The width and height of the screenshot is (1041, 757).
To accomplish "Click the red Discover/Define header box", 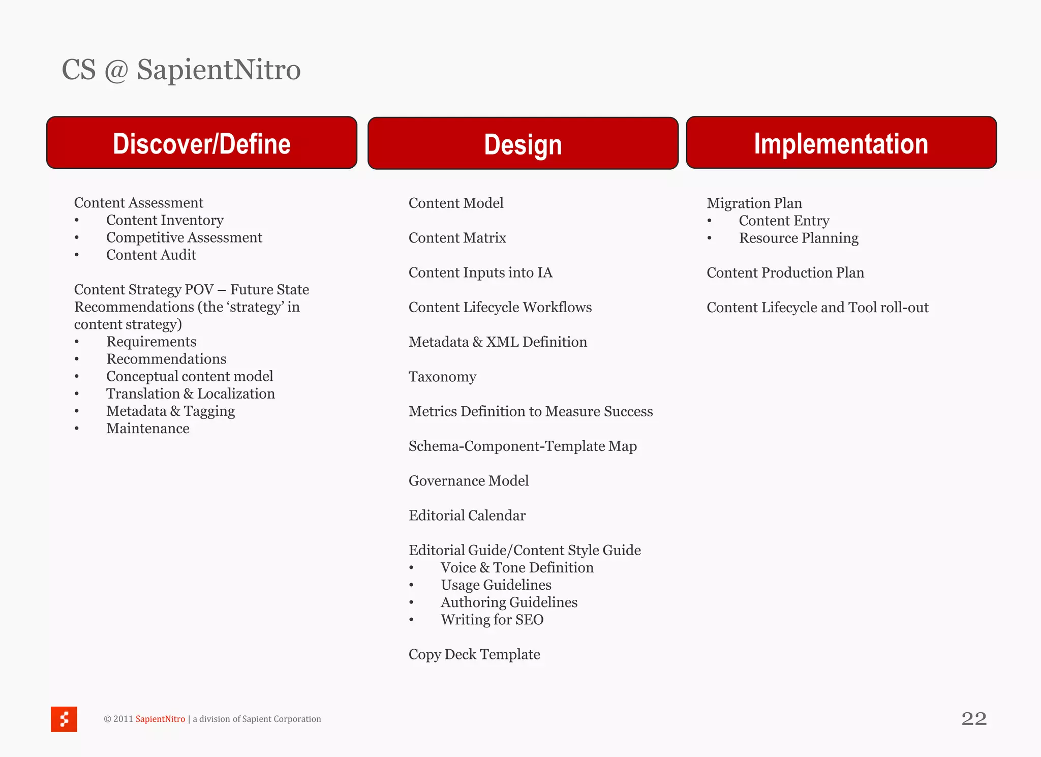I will point(202,143).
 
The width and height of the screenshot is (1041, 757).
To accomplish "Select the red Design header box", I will point(523,144).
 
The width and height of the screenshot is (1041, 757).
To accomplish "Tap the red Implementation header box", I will point(841,143).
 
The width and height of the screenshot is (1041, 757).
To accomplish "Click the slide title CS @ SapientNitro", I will point(181,70).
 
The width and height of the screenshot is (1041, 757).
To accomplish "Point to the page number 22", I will point(974,718).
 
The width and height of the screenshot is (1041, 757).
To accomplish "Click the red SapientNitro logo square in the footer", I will point(64,719).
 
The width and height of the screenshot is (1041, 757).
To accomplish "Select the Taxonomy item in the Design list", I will point(442,377).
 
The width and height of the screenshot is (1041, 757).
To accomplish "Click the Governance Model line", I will point(468,480).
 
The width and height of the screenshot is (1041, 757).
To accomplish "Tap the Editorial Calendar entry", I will point(467,516).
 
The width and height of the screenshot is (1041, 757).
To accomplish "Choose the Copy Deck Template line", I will point(474,654).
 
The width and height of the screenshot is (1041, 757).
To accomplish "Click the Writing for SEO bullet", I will point(492,620).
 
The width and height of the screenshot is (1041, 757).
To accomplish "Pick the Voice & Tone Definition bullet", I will point(516,567).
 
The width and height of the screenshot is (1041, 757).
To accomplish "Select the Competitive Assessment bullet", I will point(184,237).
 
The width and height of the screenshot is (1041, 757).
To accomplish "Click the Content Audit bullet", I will point(151,255).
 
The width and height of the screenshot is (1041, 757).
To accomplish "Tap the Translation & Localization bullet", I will point(190,393).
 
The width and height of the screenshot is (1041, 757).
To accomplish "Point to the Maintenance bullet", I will point(147,429).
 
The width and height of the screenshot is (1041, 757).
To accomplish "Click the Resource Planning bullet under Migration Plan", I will point(798,238).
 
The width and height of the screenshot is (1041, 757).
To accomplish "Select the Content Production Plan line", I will point(785,272).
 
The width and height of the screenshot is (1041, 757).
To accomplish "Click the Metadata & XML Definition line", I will point(497,342).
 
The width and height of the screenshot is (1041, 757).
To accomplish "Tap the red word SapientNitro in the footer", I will point(160,719).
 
